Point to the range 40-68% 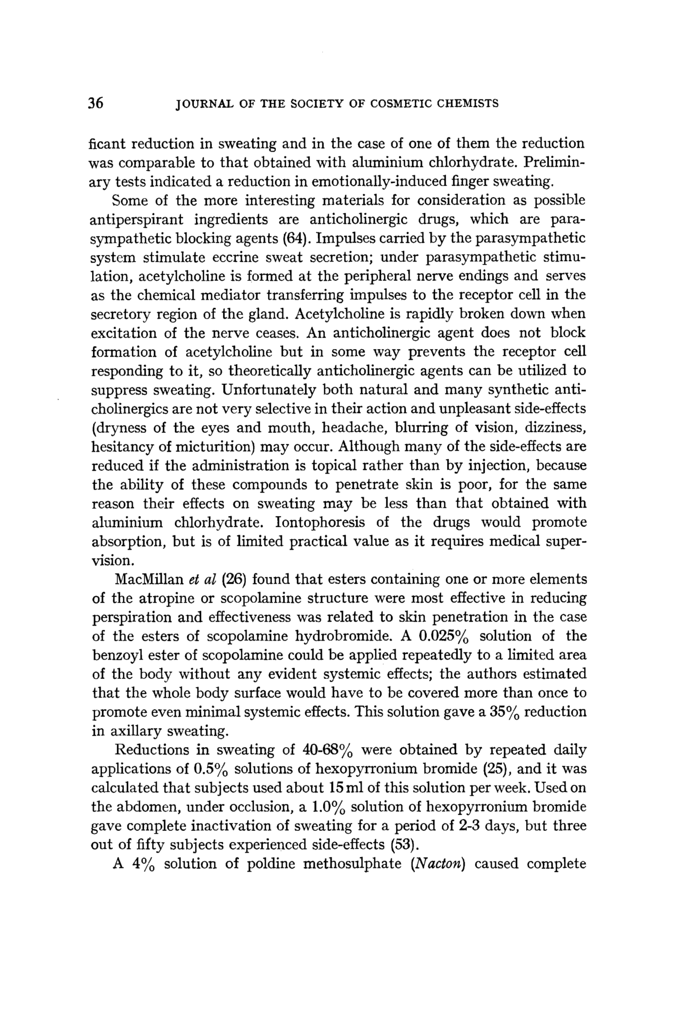tap(327, 750)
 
